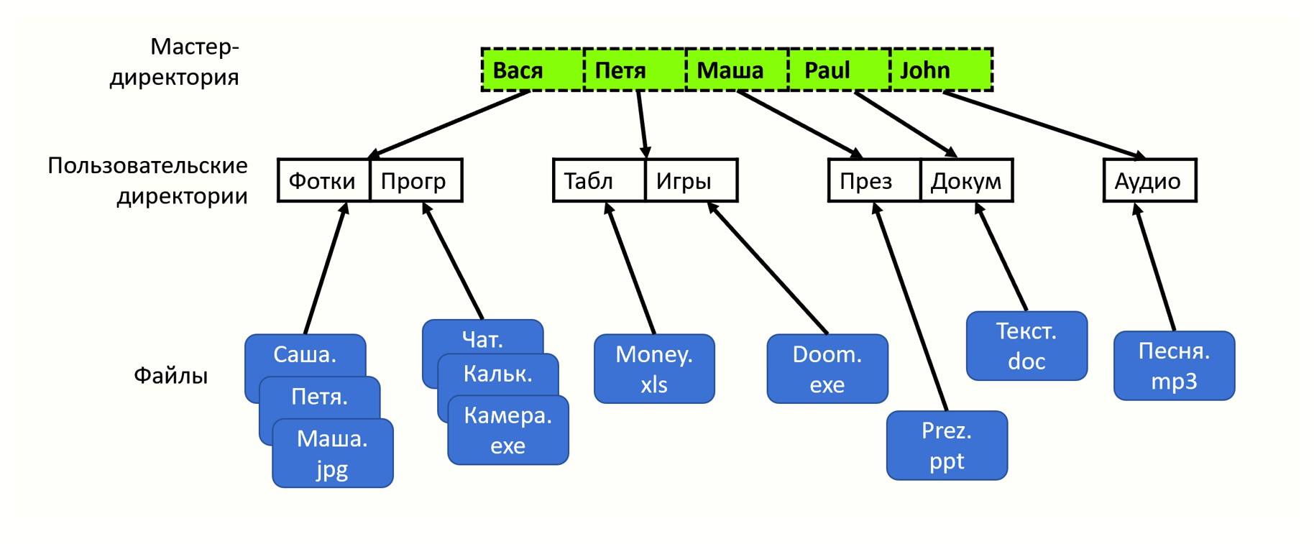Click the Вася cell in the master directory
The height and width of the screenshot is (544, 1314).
click(531, 70)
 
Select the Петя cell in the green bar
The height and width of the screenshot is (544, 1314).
click(634, 70)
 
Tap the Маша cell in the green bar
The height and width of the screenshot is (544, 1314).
click(737, 70)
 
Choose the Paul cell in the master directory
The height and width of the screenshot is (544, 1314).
click(839, 70)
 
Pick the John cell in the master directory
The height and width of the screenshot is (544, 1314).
click(941, 70)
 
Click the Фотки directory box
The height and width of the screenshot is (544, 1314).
click(323, 180)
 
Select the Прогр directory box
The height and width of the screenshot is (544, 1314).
click(415, 180)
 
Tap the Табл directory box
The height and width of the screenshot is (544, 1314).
click(599, 180)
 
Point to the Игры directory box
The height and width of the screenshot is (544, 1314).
click(691, 180)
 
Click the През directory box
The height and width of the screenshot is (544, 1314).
click(874, 180)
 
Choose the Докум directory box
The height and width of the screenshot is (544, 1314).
click(966, 180)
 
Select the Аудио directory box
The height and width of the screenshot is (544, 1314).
click(1149, 180)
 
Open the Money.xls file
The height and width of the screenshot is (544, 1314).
click(654, 369)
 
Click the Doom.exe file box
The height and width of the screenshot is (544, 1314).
click(827, 369)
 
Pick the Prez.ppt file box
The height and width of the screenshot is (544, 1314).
click(947, 446)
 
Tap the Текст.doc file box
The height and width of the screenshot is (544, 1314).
click(1026, 346)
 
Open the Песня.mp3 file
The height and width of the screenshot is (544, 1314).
click(1174, 366)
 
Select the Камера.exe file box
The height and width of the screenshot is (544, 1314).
click(508, 430)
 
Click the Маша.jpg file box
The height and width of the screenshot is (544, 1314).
click(333, 453)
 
